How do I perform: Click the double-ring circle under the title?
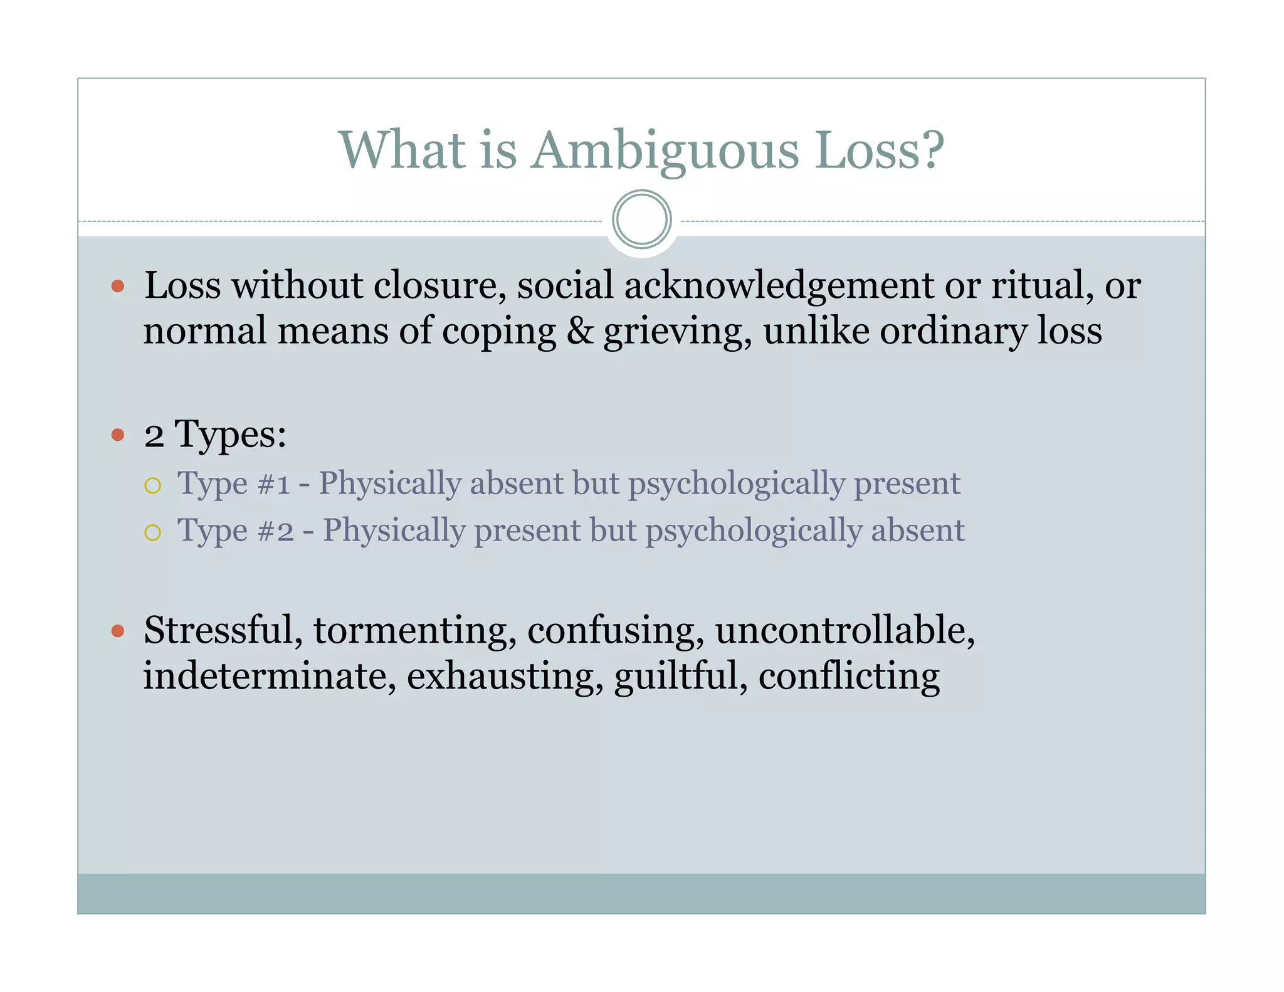pos(641,219)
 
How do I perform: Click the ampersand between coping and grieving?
pos(579,331)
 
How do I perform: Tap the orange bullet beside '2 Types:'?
pos(118,435)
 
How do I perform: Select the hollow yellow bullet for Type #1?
pos(152,486)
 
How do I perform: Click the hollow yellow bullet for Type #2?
pos(152,533)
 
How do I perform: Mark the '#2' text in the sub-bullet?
pos(275,532)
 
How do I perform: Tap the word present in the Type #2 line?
pos(527,531)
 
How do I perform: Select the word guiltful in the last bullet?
pos(680,677)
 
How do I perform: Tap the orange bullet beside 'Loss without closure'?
pos(118,287)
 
